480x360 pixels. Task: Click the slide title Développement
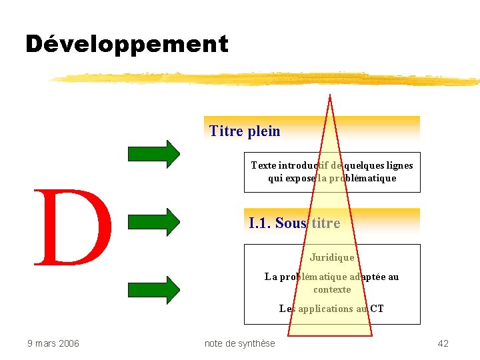click(x=127, y=44)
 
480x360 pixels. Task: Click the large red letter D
click(x=73, y=227)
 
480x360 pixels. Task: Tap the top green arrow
click(x=154, y=153)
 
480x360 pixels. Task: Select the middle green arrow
click(x=154, y=221)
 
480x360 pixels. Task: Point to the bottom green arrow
click(x=154, y=290)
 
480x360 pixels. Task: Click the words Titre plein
click(x=245, y=131)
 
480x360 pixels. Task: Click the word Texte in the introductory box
click(x=263, y=165)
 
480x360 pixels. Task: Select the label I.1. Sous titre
click(x=294, y=223)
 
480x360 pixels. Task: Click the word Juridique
click(x=332, y=257)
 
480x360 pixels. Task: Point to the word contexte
click(x=332, y=289)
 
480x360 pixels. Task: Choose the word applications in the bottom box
click(x=326, y=309)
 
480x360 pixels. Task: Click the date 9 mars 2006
click(x=53, y=343)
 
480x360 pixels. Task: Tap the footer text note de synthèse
click(x=239, y=343)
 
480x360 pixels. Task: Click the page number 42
click(x=443, y=343)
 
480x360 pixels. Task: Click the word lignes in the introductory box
click(x=398, y=165)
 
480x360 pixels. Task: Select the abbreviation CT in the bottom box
click(x=377, y=309)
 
